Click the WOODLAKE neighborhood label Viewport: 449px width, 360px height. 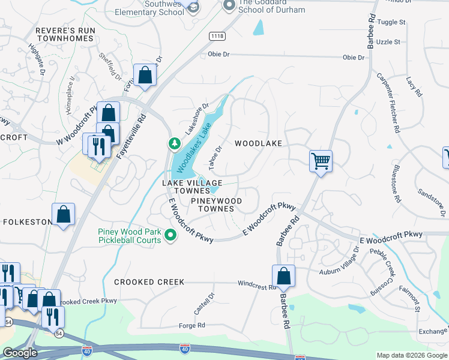pos(258,143)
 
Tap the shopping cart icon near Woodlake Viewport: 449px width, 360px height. pos(321,161)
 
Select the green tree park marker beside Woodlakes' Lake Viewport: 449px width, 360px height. pos(173,143)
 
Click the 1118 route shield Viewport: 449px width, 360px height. pos(217,37)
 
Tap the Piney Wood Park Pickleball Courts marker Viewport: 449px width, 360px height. pos(171,235)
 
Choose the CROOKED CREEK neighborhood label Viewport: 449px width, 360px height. pos(149,282)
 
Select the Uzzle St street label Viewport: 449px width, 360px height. pos(389,42)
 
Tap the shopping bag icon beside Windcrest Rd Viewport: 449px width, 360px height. pos(284,277)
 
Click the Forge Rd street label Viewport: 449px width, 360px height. pos(192,325)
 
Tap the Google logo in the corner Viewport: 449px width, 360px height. pos(20,353)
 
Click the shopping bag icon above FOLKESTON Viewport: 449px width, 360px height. pos(63,215)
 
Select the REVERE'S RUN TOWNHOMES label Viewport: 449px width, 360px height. pos(65,34)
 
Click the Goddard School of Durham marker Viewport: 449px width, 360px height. pos(228,6)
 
